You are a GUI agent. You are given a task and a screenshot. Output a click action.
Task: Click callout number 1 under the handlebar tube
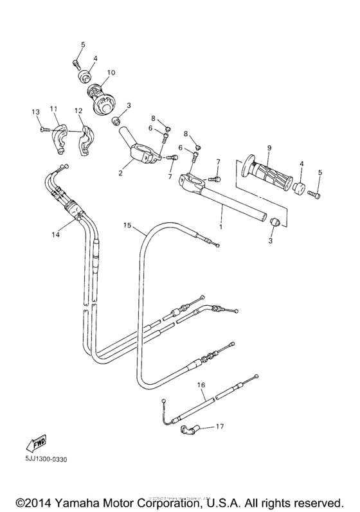coord(222,227)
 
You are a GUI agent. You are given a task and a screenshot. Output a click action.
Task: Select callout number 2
coord(120,172)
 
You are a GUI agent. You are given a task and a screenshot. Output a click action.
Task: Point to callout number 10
coord(111,73)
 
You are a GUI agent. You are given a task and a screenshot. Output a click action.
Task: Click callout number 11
coord(53,109)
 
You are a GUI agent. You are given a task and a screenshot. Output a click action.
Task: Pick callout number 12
coord(78,110)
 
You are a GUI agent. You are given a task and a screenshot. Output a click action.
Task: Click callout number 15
coord(127,225)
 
